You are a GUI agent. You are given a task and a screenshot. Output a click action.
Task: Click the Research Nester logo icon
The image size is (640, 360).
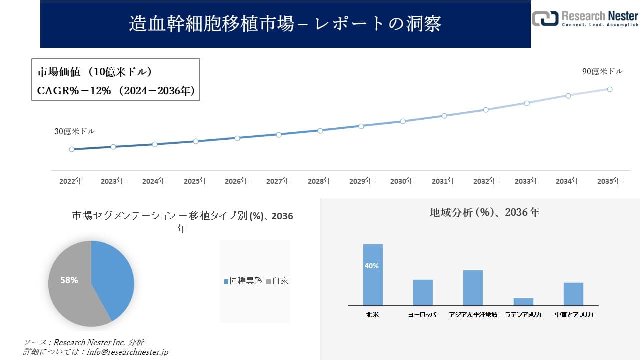point(545,18)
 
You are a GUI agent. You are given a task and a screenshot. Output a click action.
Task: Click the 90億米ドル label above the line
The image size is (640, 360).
point(602,71)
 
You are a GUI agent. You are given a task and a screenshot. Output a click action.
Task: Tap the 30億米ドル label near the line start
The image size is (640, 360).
point(74,131)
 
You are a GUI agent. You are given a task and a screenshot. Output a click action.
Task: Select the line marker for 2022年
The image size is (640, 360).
point(72,149)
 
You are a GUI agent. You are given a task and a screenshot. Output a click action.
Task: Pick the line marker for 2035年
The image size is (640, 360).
point(610,89)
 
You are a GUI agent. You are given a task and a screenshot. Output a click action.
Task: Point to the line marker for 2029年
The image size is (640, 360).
point(361,126)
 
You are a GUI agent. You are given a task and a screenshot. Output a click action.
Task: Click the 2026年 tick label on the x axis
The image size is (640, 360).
point(237,181)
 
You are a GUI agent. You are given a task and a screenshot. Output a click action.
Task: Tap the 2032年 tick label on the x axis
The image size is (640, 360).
point(485,181)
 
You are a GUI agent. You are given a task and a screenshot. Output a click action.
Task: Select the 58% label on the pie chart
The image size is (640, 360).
point(69,280)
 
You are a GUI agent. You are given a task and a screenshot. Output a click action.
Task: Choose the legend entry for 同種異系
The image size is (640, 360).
point(243,281)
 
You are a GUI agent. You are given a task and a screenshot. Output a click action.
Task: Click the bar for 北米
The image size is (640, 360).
point(373,275)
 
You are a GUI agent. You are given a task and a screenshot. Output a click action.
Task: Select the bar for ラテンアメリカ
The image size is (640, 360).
point(523,301)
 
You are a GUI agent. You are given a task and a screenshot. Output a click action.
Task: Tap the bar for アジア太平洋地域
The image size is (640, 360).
point(473,287)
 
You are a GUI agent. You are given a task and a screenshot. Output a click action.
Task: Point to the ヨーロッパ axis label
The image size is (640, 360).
point(422,315)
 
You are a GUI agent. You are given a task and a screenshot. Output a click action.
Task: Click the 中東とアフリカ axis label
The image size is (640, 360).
point(573,315)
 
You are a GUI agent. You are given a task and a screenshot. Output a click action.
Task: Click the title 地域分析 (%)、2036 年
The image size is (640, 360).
point(484,212)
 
